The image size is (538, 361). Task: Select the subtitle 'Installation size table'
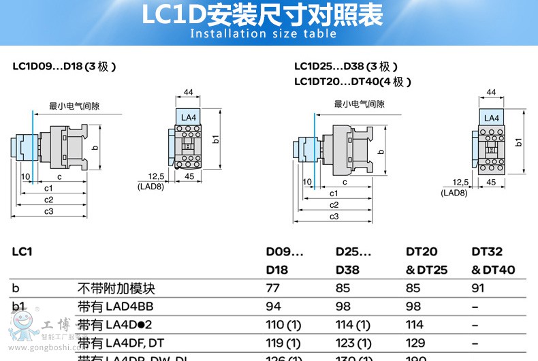click(263, 34)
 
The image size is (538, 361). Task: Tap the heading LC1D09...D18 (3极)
click(64, 67)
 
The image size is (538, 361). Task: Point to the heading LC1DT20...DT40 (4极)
click(353, 82)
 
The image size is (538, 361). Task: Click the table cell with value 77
click(272, 288)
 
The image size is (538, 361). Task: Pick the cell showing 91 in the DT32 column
click(479, 288)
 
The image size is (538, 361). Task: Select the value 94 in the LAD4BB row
click(273, 307)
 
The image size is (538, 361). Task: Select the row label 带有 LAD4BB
click(114, 307)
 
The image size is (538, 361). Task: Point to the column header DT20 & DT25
click(426, 261)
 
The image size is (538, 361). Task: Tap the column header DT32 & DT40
click(493, 261)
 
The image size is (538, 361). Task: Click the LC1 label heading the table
click(22, 251)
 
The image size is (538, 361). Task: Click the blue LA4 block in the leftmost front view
click(188, 117)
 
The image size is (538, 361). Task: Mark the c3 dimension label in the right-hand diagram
click(334, 216)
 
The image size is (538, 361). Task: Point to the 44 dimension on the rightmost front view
click(491, 92)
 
